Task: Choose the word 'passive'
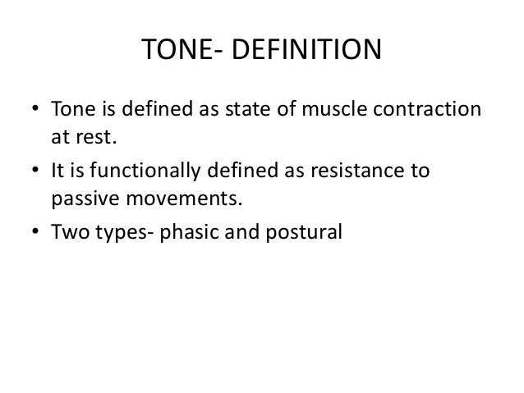[x=80, y=197]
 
